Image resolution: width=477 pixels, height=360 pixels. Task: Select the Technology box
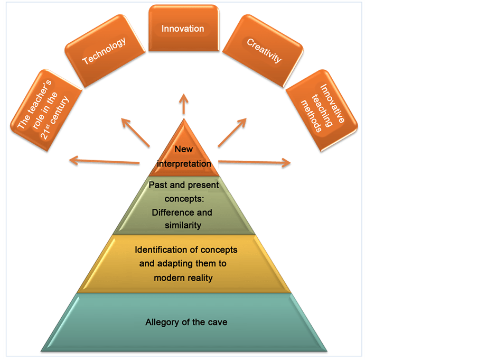[x=104, y=51]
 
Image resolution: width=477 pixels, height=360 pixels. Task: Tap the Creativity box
[x=264, y=51]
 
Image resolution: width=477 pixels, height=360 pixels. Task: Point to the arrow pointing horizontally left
[x=103, y=161]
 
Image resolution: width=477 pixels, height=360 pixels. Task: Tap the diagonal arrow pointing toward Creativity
[x=232, y=132]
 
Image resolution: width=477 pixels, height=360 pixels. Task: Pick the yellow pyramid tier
[x=183, y=263]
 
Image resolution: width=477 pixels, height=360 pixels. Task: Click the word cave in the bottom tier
[x=217, y=322]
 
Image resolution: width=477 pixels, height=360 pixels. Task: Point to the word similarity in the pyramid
[x=182, y=226]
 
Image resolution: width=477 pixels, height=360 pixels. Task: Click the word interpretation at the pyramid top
[x=184, y=164]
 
